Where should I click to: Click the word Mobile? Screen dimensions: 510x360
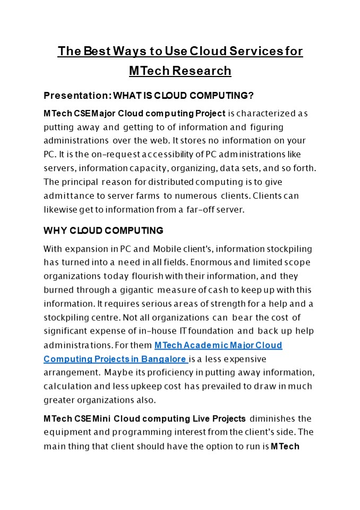[171, 249]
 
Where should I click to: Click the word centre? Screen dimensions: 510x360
[102, 318]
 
